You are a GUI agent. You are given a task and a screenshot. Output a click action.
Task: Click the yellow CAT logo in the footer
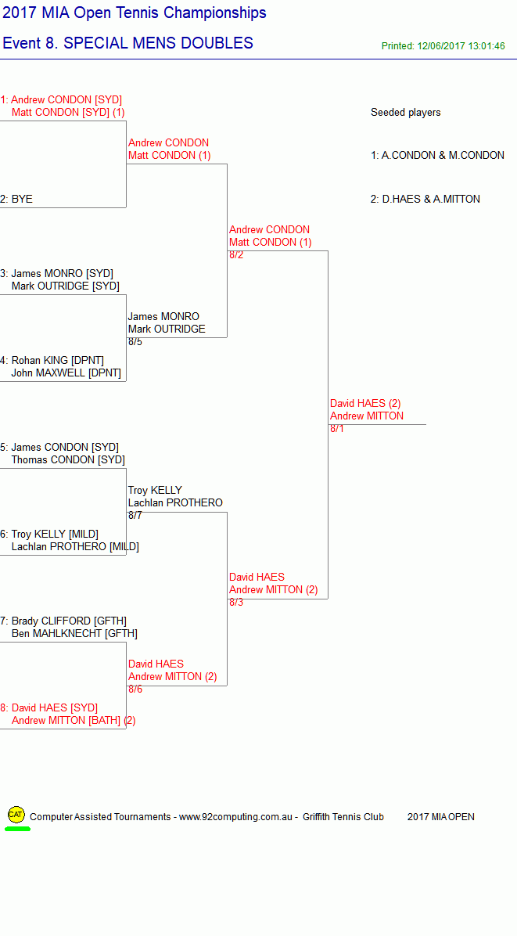tap(16, 814)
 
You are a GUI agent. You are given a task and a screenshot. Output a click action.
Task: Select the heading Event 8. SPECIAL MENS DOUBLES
tap(128, 43)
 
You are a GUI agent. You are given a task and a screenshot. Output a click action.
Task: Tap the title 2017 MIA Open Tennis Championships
tap(135, 13)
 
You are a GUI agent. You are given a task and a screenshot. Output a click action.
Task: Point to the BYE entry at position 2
tap(22, 200)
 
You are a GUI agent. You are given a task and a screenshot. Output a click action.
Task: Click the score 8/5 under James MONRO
tap(135, 342)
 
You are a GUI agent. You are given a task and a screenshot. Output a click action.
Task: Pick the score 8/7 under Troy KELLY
tap(135, 516)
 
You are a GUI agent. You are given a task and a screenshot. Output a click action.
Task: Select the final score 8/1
tap(337, 429)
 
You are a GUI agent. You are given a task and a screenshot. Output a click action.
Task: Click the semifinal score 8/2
tap(236, 255)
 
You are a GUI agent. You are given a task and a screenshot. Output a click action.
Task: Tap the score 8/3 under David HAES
tap(236, 603)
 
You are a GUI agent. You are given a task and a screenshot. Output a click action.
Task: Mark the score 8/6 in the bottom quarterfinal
tap(135, 689)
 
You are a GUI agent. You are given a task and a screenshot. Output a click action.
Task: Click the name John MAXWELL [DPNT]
tap(66, 373)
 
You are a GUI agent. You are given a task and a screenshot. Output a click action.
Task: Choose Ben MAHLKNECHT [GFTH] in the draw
tap(74, 634)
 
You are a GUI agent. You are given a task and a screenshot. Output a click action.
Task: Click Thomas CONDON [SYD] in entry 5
tap(68, 460)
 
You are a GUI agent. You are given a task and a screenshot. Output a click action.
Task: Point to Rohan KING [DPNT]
tap(58, 361)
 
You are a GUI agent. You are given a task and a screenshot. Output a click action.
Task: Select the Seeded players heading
tap(405, 112)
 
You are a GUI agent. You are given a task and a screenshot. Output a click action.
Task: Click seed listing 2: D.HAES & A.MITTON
tap(425, 200)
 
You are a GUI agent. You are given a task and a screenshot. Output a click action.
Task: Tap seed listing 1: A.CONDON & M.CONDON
tap(437, 156)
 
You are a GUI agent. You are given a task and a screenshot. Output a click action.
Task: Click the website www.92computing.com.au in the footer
tap(235, 817)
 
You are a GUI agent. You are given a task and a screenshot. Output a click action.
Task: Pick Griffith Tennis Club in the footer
tap(343, 817)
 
